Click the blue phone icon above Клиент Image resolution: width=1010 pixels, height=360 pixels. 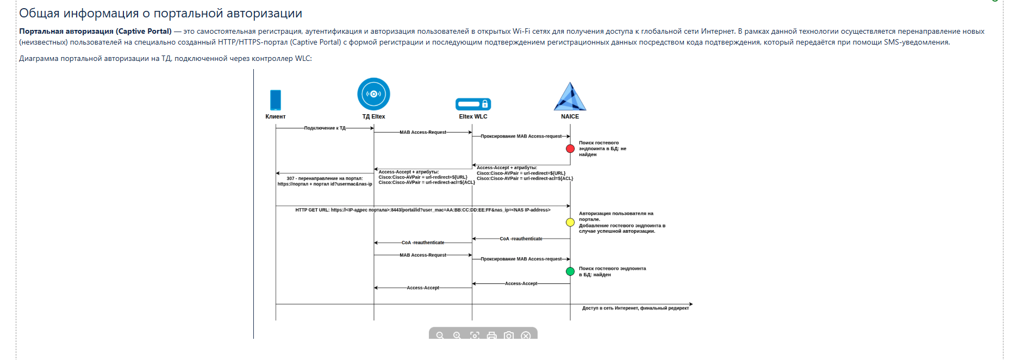276,100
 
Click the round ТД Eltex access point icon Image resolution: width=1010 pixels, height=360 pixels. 373,94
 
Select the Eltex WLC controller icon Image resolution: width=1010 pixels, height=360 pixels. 473,104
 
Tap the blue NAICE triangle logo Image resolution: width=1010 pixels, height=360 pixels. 570,97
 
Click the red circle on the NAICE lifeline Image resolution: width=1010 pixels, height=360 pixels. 570,148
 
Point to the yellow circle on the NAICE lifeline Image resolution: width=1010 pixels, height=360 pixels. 570,222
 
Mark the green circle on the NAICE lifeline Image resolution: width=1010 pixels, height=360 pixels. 570,271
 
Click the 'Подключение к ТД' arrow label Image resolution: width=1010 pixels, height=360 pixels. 325,128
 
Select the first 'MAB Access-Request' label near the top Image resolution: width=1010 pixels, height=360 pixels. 422,132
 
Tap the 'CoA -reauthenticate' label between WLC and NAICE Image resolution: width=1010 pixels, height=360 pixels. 521,239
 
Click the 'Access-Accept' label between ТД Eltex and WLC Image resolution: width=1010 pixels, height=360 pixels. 423,288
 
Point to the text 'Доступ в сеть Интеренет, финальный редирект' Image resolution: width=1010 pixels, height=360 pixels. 635,308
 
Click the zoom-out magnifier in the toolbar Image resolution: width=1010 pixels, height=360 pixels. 440,336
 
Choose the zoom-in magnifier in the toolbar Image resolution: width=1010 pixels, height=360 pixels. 457,336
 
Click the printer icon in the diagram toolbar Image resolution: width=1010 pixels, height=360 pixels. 491,336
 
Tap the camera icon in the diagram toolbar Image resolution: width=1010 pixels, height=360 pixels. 508,336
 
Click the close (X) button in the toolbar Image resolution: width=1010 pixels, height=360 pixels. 526,336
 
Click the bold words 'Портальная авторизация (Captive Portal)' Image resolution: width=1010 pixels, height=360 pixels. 95,32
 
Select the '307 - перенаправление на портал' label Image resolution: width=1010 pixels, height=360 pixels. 325,178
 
